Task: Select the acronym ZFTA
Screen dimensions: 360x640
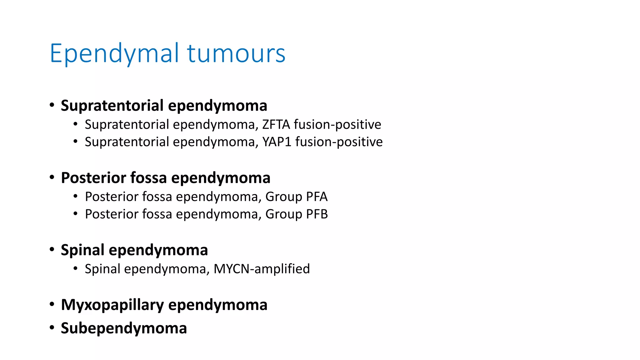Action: point(276,125)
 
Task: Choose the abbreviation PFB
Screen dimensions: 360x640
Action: point(317,214)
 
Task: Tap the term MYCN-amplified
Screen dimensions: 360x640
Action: point(262,269)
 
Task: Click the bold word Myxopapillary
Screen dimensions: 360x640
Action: point(112,305)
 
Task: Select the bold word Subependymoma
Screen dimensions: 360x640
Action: point(124,328)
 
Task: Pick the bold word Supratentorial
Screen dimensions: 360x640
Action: point(112,106)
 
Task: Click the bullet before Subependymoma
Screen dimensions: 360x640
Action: point(52,328)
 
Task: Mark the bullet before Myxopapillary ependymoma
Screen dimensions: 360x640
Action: point(52,304)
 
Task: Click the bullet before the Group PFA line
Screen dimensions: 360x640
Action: point(75,197)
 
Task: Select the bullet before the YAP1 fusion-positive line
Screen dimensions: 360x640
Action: point(75,142)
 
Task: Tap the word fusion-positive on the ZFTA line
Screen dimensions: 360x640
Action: point(337,125)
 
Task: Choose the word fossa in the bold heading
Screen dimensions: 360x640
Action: point(148,178)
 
